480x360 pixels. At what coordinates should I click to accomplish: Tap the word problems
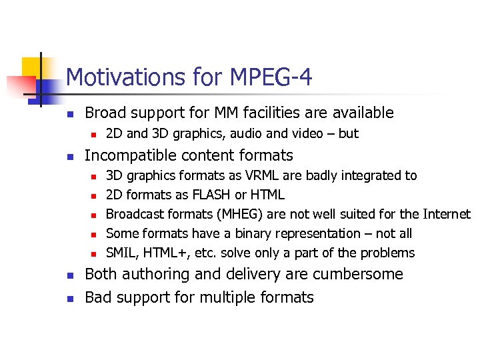tap(387, 253)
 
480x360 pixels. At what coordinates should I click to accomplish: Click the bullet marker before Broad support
tap(71, 114)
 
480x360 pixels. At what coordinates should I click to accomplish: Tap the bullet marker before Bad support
tap(71, 298)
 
